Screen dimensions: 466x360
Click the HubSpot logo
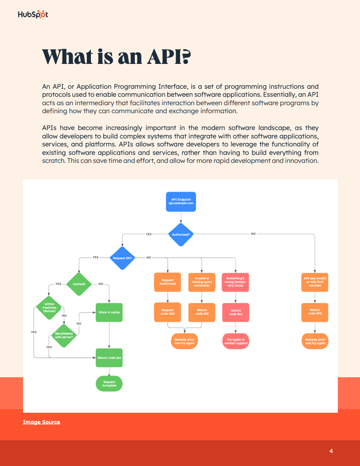pyautogui.click(x=33, y=15)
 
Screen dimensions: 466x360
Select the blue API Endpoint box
pyautogui.click(x=180, y=201)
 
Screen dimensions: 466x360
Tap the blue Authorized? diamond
pyautogui.click(x=180, y=234)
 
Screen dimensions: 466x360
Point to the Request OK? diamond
pyautogui.click(x=122, y=257)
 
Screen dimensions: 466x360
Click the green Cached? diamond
pyautogui.click(x=79, y=284)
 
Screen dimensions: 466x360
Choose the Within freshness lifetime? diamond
pyautogui.click(x=50, y=307)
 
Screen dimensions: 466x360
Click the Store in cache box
pyautogui.click(x=109, y=312)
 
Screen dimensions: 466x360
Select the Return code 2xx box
pyautogui.click(x=109, y=357)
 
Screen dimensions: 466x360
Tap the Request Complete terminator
pyautogui.click(x=109, y=384)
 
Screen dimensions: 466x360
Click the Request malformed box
pyautogui.click(x=168, y=282)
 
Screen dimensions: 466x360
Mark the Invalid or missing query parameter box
pyautogui.click(x=202, y=282)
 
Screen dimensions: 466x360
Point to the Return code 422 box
pyautogui.click(x=202, y=312)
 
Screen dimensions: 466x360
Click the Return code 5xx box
pyautogui.click(x=236, y=312)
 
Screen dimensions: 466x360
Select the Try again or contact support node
pyautogui.click(x=236, y=341)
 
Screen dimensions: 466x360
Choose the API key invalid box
pyautogui.click(x=315, y=282)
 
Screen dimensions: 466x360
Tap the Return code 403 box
pyautogui.click(x=315, y=312)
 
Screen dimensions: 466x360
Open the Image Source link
pyautogui.click(x=42, y=422)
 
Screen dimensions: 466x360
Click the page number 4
pyautogui.click(x=331, y=451)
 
